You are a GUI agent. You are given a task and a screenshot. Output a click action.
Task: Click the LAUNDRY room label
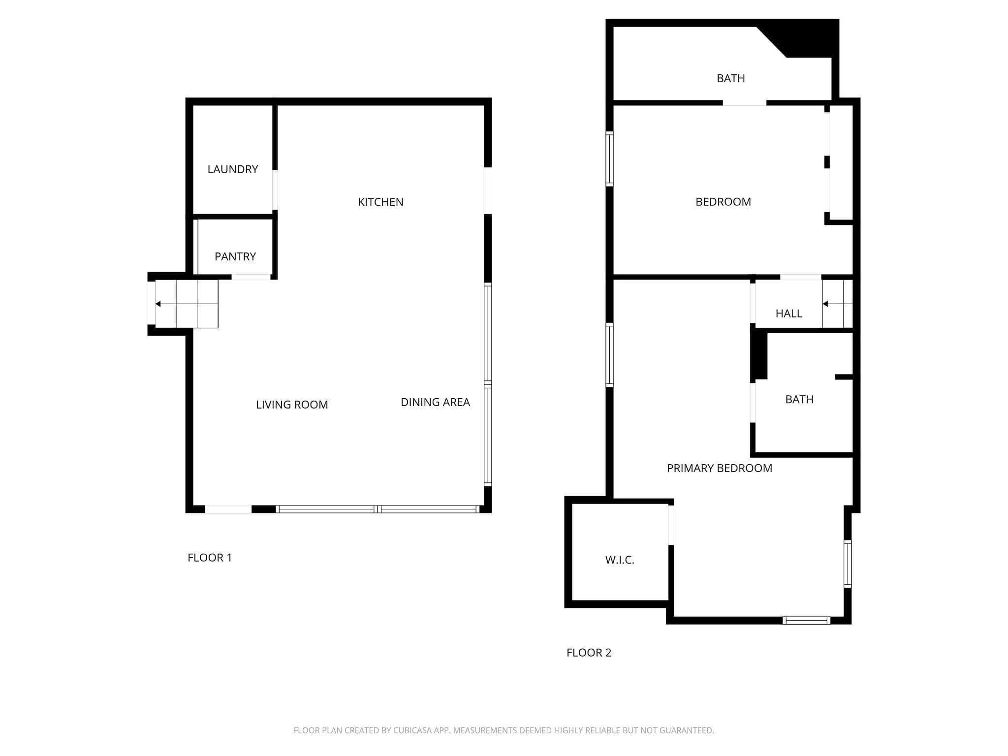coord(233,169)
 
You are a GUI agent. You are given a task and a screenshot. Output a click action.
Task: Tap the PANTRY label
coord(235,256)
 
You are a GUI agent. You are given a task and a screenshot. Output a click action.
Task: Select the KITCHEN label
coord(380,202)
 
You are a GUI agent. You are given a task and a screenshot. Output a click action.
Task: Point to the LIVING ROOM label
coord(292,405)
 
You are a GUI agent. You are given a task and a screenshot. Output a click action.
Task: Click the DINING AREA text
coord(435,402)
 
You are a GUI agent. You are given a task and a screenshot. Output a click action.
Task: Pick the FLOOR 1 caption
coord(210,558)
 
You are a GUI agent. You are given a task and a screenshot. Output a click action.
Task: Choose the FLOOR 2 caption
coord(589,653)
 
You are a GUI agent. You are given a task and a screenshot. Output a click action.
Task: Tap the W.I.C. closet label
coord(620,560)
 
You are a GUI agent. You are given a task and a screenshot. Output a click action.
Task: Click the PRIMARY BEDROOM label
coord(720,468)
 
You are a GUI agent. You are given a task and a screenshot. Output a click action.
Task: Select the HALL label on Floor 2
coord(789,314)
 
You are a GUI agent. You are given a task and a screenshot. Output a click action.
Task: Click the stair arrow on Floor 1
coord(187,304)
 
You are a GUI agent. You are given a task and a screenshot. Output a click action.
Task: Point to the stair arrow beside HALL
coord(838,304)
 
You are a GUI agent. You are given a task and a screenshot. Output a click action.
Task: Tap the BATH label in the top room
coord(731,78)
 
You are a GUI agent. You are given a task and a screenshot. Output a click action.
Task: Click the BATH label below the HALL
coord(799,399)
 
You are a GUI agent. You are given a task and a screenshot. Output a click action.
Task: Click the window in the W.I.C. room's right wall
coord(671,525)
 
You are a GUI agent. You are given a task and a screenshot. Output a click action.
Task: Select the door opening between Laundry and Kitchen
coord(275,190)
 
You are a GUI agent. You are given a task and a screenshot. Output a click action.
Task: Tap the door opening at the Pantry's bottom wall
coord(251,277)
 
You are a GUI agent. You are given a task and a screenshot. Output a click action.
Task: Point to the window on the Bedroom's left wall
coord(609,159)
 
